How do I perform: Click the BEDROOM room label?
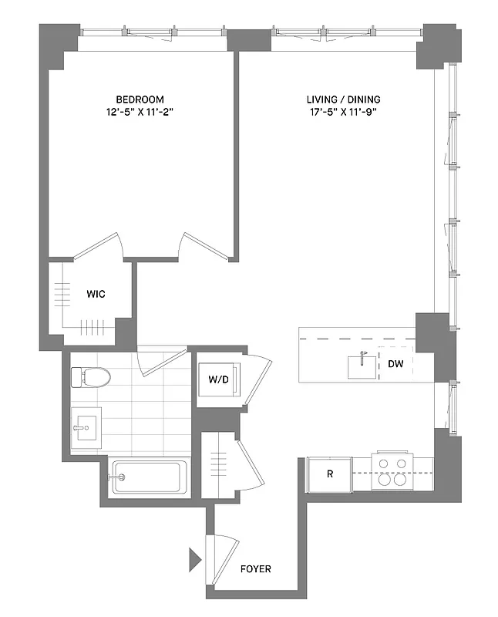click(x=140, y=99)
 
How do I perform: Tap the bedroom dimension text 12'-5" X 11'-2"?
click(x=140, y=112)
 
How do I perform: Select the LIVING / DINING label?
click(x=344, y=99)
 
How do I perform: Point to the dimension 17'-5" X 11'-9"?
click(x=344, y=112)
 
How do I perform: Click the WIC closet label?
click(x=96, y=295)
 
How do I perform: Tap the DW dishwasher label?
click(x=395, y=364)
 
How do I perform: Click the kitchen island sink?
click(x=362, y=366)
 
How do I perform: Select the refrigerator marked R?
click(x=329, y=474)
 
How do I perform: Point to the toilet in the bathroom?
click(x=91, y=377)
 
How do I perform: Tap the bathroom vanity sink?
click(x=86, y=426)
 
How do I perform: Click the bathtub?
click(x=149, y=478)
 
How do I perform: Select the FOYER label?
click(x=255, y=569)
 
